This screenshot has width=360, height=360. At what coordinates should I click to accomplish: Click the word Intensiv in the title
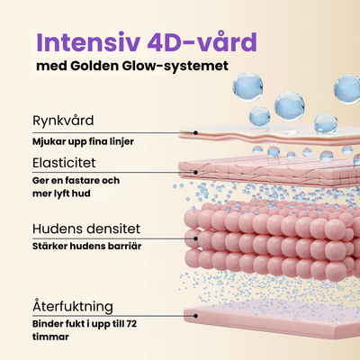tap(88, 42)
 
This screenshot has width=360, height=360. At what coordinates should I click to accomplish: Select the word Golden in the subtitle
tap(94, 66)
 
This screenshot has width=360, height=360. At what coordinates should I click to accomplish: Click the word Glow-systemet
tap(175, 67)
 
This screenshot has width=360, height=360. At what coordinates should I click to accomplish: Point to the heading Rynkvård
tap(63, 121)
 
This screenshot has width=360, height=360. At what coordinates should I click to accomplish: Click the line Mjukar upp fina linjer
tap(83, 141)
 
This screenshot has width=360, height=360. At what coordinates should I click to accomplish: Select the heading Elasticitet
tap(64, 163)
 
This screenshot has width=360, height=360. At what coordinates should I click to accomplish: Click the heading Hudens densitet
tap(86, 229)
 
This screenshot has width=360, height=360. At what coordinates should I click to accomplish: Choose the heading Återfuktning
tap(73, 306)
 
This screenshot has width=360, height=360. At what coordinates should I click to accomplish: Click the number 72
tap(131, 324)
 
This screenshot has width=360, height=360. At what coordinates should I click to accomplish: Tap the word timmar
tap(50, 337)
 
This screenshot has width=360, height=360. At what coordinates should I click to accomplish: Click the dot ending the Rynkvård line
tap(195, 132)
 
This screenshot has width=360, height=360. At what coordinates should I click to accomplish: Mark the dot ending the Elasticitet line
tap(195, 173)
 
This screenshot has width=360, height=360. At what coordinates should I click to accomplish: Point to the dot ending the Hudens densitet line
tap(195, 238)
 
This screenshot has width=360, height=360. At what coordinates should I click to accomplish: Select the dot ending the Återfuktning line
tap(195, 316)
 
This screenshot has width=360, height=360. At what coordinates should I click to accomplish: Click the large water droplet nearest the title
tap(247, 86)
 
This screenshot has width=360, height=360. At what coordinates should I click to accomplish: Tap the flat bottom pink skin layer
tap(272, 318)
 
